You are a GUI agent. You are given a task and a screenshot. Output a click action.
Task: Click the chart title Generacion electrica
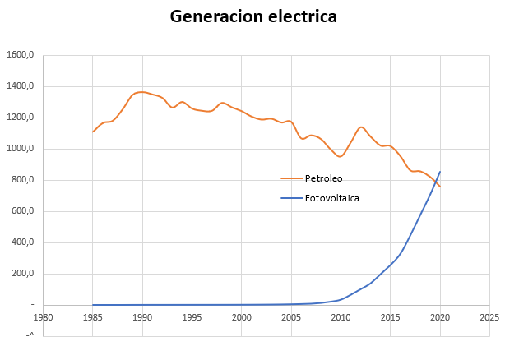[253, 16]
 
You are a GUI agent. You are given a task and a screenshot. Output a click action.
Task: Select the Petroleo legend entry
[323, 178]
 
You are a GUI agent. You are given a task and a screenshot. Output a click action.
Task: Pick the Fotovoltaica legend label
[331, 198]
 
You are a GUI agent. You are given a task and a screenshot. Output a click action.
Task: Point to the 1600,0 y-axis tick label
[19, 55]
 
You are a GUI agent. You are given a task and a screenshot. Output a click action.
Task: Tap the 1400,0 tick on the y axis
[19, 86]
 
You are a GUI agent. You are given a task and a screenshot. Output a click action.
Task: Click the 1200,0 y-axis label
[19, 118]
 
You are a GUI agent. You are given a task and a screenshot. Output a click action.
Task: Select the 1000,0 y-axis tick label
[19, 149]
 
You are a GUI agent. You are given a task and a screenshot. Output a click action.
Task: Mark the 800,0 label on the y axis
[21, 180]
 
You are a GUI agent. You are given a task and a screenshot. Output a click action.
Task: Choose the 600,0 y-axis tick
[21, 211]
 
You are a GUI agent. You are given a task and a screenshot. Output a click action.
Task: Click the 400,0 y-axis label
[21, 242]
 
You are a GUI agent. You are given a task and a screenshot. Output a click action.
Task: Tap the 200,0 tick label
[21, 274]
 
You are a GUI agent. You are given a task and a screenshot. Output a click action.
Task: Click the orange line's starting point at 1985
[93, 132]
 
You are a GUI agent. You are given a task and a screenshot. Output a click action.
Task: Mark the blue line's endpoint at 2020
[440, 172]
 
